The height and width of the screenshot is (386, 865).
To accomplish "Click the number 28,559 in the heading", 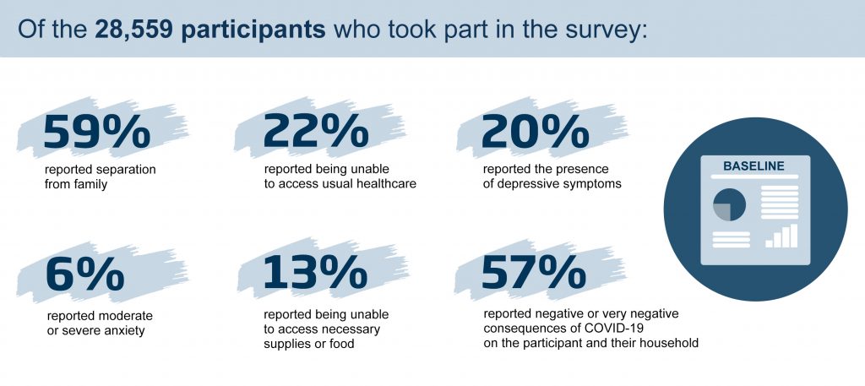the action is (134, 30).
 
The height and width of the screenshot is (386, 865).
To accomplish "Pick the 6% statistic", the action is (85, 273).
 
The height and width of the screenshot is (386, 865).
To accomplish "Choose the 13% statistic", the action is (315, 273).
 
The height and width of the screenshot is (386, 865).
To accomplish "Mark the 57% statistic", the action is (534, 273).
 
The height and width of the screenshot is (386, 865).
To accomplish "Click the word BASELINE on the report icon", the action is (753, 166).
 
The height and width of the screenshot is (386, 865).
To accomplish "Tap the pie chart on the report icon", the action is (729, 204).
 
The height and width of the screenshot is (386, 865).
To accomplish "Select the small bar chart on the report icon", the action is (781, 236).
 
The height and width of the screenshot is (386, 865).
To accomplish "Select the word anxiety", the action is (122, 331).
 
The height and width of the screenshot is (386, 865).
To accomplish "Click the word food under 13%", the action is (341, 344).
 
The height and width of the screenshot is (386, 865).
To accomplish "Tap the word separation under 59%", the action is (128, 171).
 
